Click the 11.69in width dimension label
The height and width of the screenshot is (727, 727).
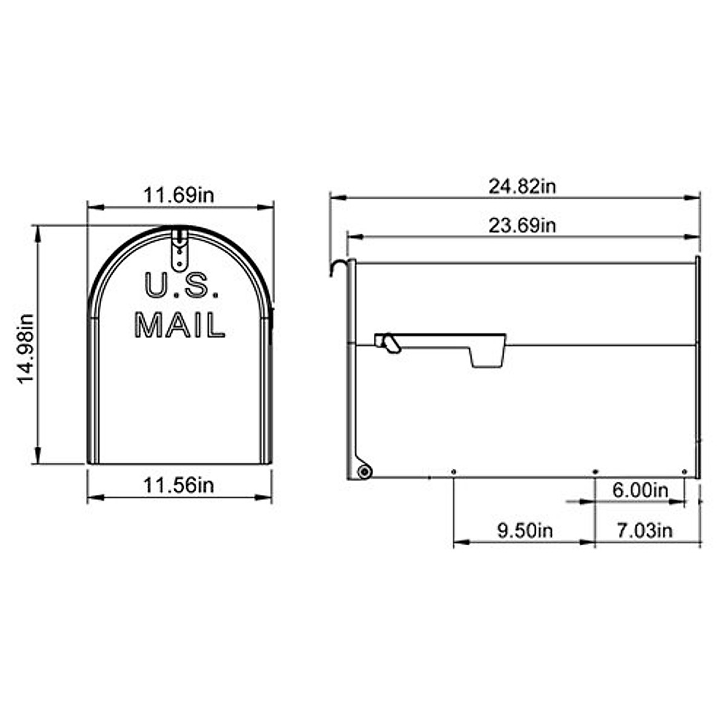click(x=179, y=195)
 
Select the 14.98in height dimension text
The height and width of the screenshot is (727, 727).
click(x=25, y=348)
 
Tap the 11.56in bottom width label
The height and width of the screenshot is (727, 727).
click(x=179, y=485)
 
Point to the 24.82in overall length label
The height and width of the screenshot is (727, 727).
click(x=522, y=186)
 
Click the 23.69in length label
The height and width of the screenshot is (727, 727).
click(x=522, y=225)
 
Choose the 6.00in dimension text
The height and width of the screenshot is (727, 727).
click(x=639, y=490)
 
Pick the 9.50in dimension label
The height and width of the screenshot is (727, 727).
click(x=525, y=531)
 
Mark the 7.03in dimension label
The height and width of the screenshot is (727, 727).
click(x=645, y=531)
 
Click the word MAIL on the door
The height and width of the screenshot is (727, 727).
click(x=179, y=325)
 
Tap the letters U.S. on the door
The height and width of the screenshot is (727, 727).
click(x=182, y=285)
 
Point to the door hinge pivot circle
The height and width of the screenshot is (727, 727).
click(x=364, y=471)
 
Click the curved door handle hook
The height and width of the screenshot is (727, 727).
click(x=340, y=266)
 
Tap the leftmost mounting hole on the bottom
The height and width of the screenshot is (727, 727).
click(x=454, y=471)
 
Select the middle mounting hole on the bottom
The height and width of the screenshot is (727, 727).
click(x=595, y=471)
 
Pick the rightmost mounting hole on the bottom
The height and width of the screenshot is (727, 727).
click(x=685, y=471)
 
